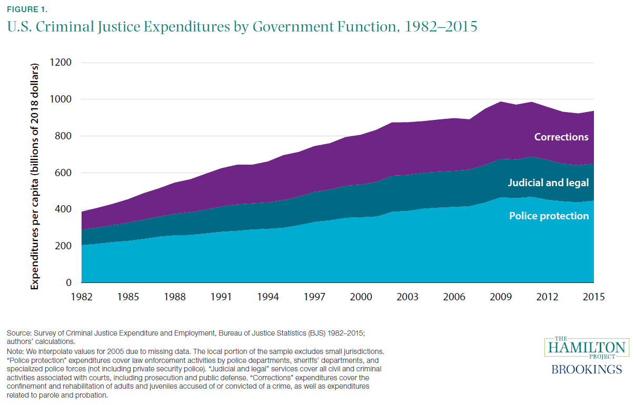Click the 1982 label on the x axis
(82, 297)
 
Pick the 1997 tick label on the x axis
(314, 297)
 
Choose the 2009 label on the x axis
(501, 297)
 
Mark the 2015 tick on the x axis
(593, 297)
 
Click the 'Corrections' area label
(561, 137)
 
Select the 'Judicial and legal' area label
(548, 183)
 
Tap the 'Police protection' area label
(549, 216)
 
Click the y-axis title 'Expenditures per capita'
(35, 176)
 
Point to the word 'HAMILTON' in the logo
(586, 348)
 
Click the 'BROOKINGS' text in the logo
(586, 369)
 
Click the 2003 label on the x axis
(408, 297)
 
